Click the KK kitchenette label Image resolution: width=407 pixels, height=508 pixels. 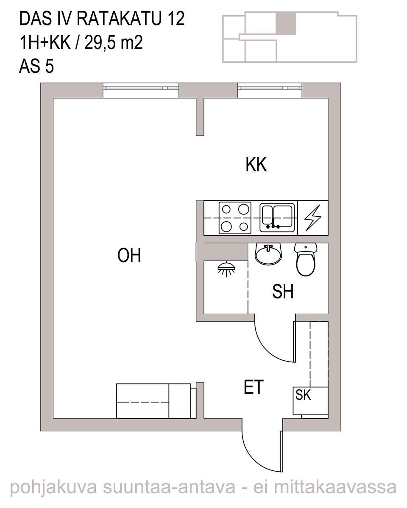256,164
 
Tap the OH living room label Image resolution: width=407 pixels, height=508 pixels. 129,255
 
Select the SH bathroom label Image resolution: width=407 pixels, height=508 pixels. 283,292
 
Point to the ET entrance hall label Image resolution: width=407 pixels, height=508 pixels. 254,387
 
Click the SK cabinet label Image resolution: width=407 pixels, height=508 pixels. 303,395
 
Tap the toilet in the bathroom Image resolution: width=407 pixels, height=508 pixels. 306,260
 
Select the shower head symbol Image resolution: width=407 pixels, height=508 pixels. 226,269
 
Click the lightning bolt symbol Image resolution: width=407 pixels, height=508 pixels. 312,218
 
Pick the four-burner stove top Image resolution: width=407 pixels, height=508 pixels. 235,218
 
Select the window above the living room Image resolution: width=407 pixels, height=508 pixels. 141,90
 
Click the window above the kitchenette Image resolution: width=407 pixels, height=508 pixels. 270,90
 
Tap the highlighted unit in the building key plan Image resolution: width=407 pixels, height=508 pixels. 286,23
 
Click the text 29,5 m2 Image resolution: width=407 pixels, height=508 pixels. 113,42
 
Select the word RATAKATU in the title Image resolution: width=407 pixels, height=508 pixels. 119,19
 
